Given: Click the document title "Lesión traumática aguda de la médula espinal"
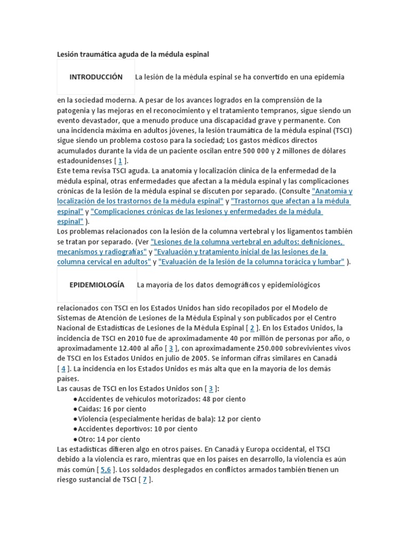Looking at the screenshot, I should tap(133, 54).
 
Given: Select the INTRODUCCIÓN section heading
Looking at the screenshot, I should tap(96, 77).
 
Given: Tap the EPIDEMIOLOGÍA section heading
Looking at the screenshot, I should tap(97, 285).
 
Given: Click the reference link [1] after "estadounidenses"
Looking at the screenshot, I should tap(120, 160).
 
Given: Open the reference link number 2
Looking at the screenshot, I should tap(252, 328).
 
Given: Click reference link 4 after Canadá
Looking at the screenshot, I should tap(63, 368).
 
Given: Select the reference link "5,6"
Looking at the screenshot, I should tap(106, 470).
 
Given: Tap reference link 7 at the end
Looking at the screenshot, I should tap(144, 480).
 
